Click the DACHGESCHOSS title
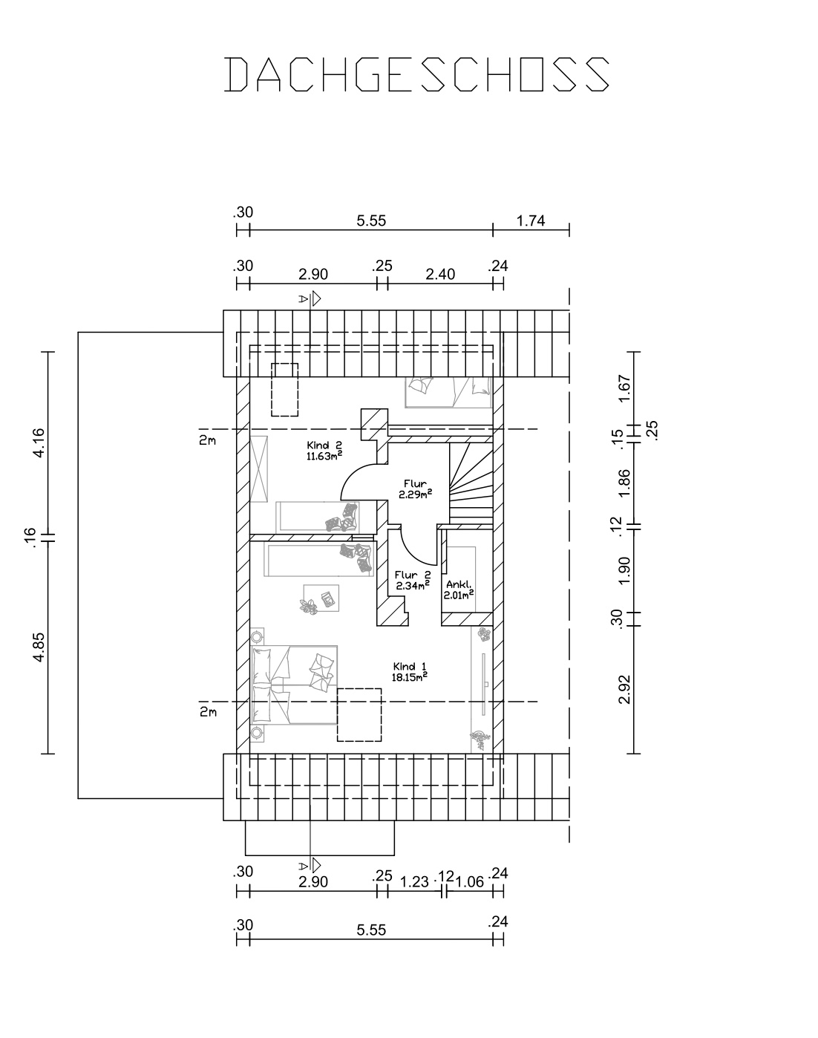(416, 75)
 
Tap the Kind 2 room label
(324, 445)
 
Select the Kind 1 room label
(410, 667)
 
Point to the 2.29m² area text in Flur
(415, 494)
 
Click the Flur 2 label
(413, 575)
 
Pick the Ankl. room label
(459, 584)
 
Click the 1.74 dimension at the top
(531, 221)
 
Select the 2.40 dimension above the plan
(440, 275)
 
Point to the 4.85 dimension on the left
(39, 647)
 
